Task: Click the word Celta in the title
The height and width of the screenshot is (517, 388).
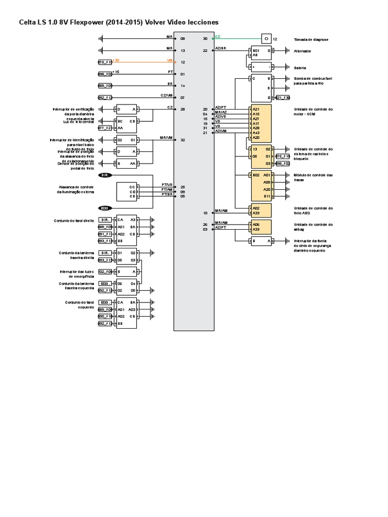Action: tap(28, 23)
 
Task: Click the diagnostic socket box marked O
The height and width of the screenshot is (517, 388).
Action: tap(266, 38)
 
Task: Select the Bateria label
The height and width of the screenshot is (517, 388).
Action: tap(300, 67)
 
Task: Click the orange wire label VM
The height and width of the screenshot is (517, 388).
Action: tap(169, 60)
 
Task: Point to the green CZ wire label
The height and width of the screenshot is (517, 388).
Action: tap(218, 37)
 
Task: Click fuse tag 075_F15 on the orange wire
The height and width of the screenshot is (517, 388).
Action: tap(105, 62)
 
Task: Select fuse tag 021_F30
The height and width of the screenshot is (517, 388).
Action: tap(282, 98)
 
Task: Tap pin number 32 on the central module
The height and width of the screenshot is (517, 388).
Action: tap(182, 140)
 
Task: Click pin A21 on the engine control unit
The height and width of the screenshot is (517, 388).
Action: tap(256, 109)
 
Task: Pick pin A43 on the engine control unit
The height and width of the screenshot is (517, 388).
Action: tap(256, 133)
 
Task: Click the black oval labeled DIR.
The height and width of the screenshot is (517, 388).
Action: tap(105, 175)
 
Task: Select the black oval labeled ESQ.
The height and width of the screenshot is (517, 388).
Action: tap(105, 208)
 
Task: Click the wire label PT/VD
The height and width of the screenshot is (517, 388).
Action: tap(167, 185)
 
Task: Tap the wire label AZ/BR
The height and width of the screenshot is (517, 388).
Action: tap(220, 48)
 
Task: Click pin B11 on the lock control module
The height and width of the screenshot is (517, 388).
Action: tap(267, 196)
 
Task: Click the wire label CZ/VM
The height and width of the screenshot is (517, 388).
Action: tap(166, 95)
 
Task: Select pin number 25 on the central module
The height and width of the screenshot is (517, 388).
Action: tap(182, 187)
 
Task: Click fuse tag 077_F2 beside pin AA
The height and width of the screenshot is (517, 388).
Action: tap(105, 128)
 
